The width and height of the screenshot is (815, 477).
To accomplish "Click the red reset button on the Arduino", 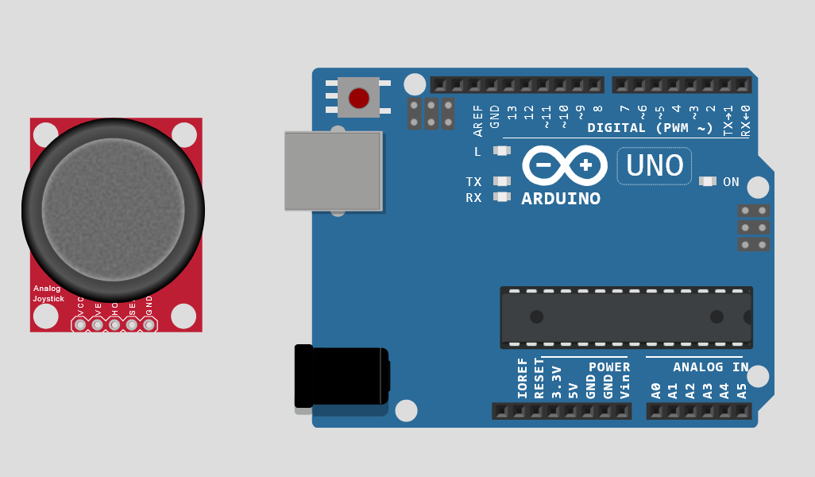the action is (x=359, y=98).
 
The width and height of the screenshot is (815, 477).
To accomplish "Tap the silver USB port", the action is (x=333, y=171).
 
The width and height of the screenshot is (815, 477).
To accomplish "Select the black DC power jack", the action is (x=342, y=377).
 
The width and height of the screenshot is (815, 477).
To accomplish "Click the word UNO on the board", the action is (x=655, y=166).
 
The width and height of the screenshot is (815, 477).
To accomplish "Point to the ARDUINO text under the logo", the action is (x=561, y=199).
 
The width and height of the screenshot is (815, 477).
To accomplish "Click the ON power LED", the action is (x=707, y=182).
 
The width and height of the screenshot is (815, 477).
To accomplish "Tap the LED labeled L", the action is (x=501, y=151).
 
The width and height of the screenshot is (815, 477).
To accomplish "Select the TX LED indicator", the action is (x=501, y=182).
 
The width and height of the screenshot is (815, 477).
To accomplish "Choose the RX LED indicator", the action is (x=501, y=197).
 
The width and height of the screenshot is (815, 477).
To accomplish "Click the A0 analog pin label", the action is (x=656, y=390).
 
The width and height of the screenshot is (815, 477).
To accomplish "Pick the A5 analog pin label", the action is (x=742, y=390).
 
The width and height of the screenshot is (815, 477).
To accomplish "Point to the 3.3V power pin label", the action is (x=556, y=382).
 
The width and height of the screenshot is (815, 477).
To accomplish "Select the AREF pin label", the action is (x=477, y=121).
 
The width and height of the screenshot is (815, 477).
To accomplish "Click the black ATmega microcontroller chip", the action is (x=626, y=317).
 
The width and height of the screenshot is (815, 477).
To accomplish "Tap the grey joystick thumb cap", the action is (x=113, y=209).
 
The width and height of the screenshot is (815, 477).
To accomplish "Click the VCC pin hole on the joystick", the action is (x=80, y=324).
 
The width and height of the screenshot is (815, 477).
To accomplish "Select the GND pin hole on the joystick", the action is (x=149, y=324).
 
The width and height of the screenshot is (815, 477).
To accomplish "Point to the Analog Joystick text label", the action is (x=48, y=293).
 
